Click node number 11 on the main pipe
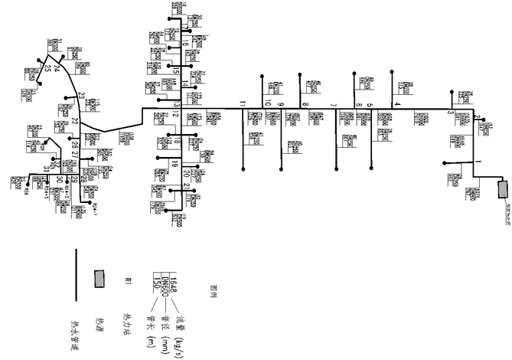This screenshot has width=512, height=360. (x=243, y=103)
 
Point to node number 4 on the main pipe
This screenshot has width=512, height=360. (x=396, y=104)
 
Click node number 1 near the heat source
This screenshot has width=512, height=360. (x=478, y=162)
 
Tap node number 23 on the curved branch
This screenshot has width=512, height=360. (x=81, y=96)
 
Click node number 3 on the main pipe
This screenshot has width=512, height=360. (x=450, y=114)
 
